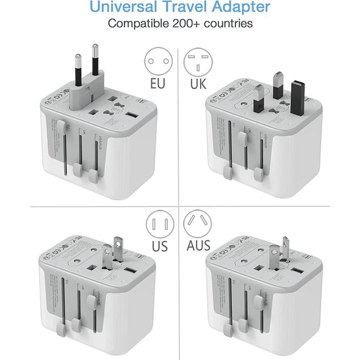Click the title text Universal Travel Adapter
(x=179, y=8)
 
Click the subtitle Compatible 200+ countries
(x=179, y=24)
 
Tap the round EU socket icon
(x=157, y=61)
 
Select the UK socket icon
(x=197, y=61)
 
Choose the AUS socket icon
(x=197, y=225)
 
